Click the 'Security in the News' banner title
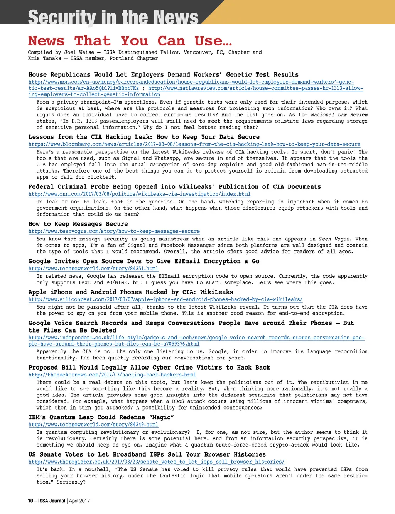(113, 17)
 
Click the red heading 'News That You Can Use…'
(130, 41)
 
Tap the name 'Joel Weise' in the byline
(79, 52)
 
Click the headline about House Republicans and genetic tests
(163, 75)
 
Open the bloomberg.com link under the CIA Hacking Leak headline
(194, 144)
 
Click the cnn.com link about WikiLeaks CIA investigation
(139, 194)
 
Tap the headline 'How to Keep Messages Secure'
(78, 224)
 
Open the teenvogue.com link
(114, 232)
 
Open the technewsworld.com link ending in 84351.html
(93, 269)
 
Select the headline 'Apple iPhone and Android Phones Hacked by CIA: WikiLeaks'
(130, 292)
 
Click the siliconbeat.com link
(165, 299)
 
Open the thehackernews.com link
(112, 375)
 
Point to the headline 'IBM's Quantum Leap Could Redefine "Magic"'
(101, 417)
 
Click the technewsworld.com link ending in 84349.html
(93, 425)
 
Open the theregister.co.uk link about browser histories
(156, 462)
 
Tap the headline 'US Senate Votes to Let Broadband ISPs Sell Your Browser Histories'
(147, 455)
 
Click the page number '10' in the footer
(30, 501)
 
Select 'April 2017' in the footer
(79, 501)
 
